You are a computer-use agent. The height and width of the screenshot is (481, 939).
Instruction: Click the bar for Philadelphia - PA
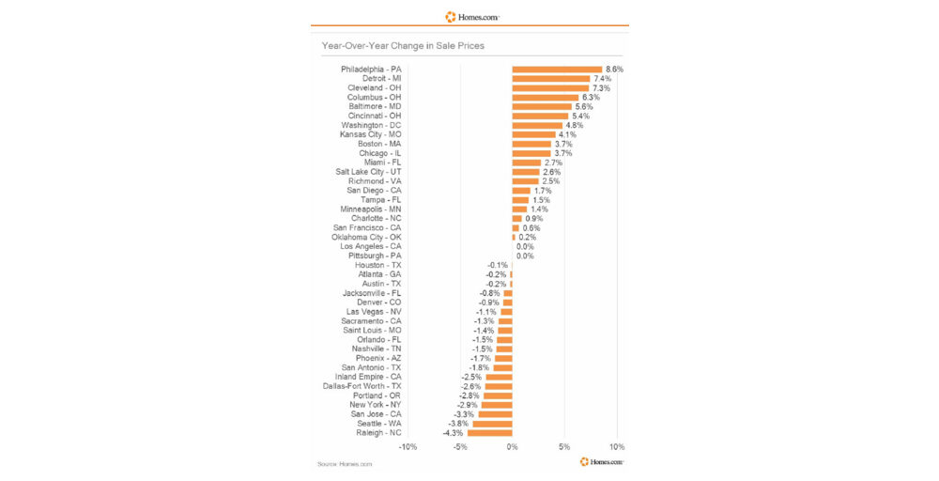click(x=557, y=70)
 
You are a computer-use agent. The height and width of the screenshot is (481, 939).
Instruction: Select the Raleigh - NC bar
click(x=490, y=433)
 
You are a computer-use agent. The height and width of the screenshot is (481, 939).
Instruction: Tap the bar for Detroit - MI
click(x=550, y=79)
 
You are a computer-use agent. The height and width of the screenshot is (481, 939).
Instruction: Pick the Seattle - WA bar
click(x=492, y=424)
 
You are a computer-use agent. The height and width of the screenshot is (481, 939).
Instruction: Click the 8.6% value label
click(x=614, y=70)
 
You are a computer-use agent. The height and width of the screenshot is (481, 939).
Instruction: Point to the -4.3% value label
click(x=453, y=433)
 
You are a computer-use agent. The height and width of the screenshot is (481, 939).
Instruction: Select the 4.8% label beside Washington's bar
click(x=574, y=125)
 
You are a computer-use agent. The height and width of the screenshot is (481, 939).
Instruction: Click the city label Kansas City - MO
click(x=370, y=134)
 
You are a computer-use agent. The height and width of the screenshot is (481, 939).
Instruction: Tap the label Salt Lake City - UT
click(x=368, y=172)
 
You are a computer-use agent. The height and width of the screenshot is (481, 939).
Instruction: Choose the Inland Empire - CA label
click(x=369, y=377)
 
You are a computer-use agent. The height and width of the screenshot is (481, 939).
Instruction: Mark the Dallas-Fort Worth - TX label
click(x=362, y=386)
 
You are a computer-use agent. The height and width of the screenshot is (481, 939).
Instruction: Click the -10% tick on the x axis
click(x=408, y=447)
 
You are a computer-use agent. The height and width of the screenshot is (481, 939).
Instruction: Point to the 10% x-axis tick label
click(x=616, y=447)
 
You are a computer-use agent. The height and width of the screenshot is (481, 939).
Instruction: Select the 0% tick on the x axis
click(x=512, y=447)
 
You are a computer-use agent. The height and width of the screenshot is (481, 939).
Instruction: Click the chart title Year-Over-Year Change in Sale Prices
click(x=403, y=45)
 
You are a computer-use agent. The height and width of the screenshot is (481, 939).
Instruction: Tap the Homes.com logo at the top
click(x=472, y=16)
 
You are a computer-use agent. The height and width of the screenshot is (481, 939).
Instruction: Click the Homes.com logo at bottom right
click(x=602, y=461)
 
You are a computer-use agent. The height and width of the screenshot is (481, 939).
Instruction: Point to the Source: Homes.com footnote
click(x=345, y=464)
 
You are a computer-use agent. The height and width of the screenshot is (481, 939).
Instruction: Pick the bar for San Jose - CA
click(x=495, y=414)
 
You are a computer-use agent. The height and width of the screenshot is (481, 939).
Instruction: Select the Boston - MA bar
click(x=531, y=144)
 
